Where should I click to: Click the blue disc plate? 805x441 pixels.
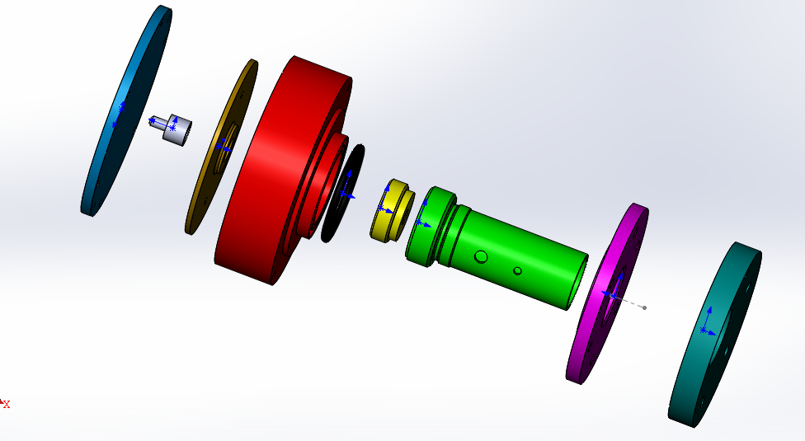pyautogui.click(x=125, y=110)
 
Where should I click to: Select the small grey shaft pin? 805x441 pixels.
pyautogui.click(x=173, y=129)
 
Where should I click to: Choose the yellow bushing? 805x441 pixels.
pyautogui.click(x=391, y=210)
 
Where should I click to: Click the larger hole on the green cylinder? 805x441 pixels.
pyautogui.click(x=481, y=256)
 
